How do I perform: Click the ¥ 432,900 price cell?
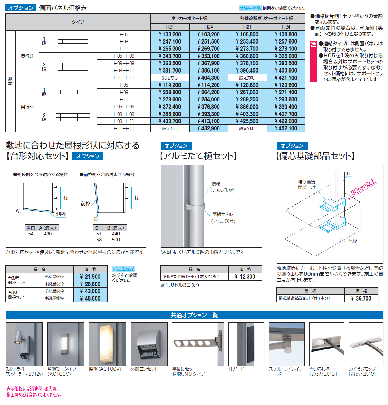pyautogui.click(x=208, y=128)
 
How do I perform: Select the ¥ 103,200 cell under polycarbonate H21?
pyautogui.click(x=170, y=34)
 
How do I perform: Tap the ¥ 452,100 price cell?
pyautogui.click(x=286, y=128)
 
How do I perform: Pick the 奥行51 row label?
pyautogui.click(x=27, y=56)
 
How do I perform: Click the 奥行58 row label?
pyautogui.click(x=27, y=107)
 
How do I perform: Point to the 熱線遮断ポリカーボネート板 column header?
pyautogui.click(x=266, y=19)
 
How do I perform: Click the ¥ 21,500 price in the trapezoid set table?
pyautogui.click(x=90, y=277)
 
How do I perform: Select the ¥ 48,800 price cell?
pyautogui.click(x=90, y=298)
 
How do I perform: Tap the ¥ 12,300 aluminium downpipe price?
pyautogui.click(x=245, y=277)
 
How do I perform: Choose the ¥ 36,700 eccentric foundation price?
pyautogui.click(x=361, y=298)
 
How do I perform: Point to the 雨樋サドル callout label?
pyautogui.click(x=222, y=215)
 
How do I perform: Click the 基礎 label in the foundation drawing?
pyautogui.click(x=353, y=241)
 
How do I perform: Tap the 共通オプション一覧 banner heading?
pyautogui.click(x=194, y=315)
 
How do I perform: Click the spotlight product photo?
pyautogui.click(x=24, y=344)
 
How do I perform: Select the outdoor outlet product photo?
pyautogui.click(x=149, y=344)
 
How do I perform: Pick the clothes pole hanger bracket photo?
pyautogui.click(x=198, y=344)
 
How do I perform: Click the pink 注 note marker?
pyautogui.click(x=313, y=44)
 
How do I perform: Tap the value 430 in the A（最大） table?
pyautogui.click(x=48, y=234)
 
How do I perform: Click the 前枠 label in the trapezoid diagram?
pyautogui.click(x=85, y=204)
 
